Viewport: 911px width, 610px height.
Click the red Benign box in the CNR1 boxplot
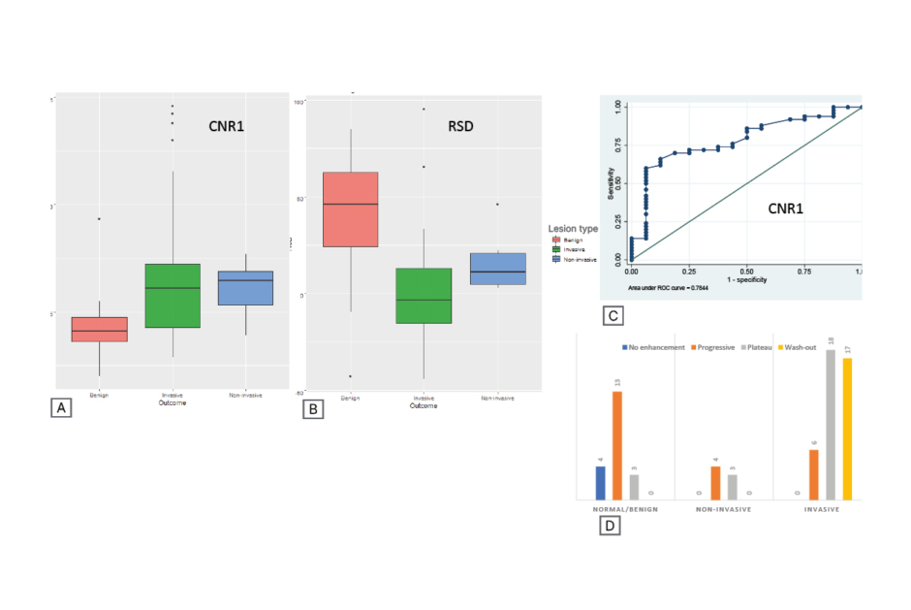click(100, 329)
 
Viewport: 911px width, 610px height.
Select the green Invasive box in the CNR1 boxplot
click(172, 295)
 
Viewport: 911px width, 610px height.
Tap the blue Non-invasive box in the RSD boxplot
click(497, 269)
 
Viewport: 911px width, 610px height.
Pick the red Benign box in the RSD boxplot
click(350, 209)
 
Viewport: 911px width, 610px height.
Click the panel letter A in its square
click(61, 408)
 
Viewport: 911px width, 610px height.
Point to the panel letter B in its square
click(312, 409)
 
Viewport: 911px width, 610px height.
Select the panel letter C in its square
click(612, 315)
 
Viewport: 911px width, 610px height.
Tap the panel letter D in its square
click(610, 526)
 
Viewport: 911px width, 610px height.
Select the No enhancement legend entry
click(653, 346)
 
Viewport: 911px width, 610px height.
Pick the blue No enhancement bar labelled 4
click(600, 483)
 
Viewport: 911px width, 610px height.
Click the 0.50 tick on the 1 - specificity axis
click(746, 273)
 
